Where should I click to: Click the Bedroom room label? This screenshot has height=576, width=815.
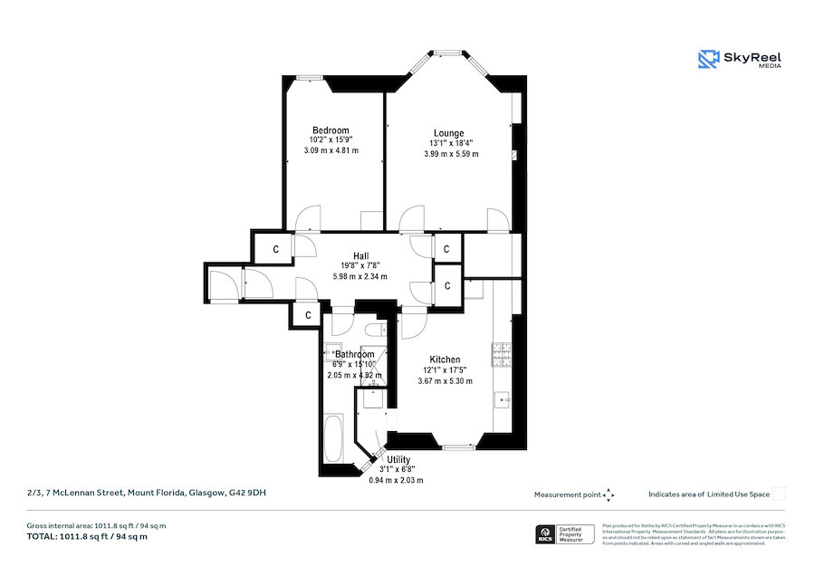331,130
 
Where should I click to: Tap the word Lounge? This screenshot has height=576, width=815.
448,133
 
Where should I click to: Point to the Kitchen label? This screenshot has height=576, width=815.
445,360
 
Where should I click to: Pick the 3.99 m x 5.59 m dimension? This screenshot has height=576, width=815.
451,154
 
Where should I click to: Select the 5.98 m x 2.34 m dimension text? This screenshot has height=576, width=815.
360,276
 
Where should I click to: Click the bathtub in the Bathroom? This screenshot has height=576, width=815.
333,441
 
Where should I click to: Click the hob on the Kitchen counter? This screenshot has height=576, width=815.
501,354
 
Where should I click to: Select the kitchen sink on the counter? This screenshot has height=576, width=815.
503,398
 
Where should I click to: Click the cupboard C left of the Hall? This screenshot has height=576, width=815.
276,247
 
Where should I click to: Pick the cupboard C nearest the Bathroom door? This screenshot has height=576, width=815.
309,315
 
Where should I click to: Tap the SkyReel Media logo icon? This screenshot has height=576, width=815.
708,60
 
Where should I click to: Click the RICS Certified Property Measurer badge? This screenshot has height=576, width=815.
561,534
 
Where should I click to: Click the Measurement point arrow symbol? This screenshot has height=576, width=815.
609,494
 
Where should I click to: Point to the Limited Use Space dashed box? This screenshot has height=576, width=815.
779,494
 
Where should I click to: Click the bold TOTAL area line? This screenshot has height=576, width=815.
87,536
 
